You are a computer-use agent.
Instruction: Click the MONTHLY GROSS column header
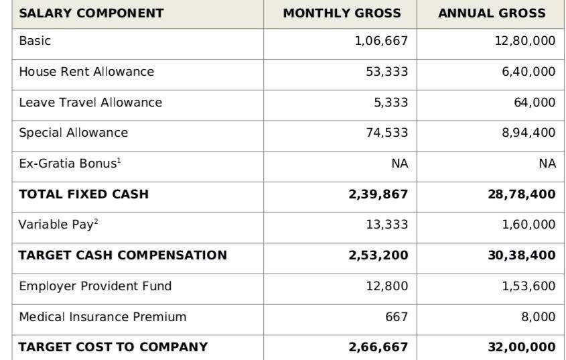(x=342, y=13)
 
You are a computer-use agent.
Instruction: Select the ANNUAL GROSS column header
(x=492, y=13)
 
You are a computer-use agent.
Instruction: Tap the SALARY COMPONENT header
(x=91, y=13)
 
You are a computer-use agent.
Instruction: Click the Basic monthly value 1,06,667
(x=382, y=41)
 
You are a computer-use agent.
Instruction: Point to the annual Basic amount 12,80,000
(x=525, y=41)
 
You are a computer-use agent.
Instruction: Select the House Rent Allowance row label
(x=86, y=72)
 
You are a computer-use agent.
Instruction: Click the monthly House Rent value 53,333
(x=387, y=72)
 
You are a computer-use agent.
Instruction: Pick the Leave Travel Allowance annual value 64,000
(x=535, y=103)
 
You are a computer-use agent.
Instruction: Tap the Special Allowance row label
(x=74, y=133)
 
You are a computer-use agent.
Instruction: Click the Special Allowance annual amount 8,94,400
(x=528, y=133)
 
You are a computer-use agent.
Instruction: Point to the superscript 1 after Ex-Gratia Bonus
(x=119, y=160)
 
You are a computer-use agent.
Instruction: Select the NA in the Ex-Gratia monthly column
(x=400, y=164)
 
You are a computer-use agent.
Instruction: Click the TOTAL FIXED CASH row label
(x=84, y=194)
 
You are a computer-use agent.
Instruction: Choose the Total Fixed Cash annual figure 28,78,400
(x=522, y=194)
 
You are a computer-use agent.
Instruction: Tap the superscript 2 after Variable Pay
(x=96, y=221)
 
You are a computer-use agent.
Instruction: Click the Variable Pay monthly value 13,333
(x=387, y=225)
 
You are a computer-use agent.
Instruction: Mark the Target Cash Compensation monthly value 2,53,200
(x=378, y=255)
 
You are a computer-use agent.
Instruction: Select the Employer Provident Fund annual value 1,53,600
(x=528, y=286)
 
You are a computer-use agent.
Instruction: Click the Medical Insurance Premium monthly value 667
(x=397, y=316)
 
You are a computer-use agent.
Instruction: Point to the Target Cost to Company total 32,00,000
(x=522, y=347)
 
